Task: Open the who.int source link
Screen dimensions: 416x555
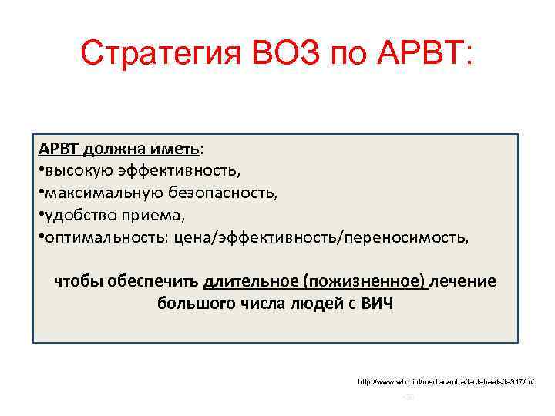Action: coord(446,381)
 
